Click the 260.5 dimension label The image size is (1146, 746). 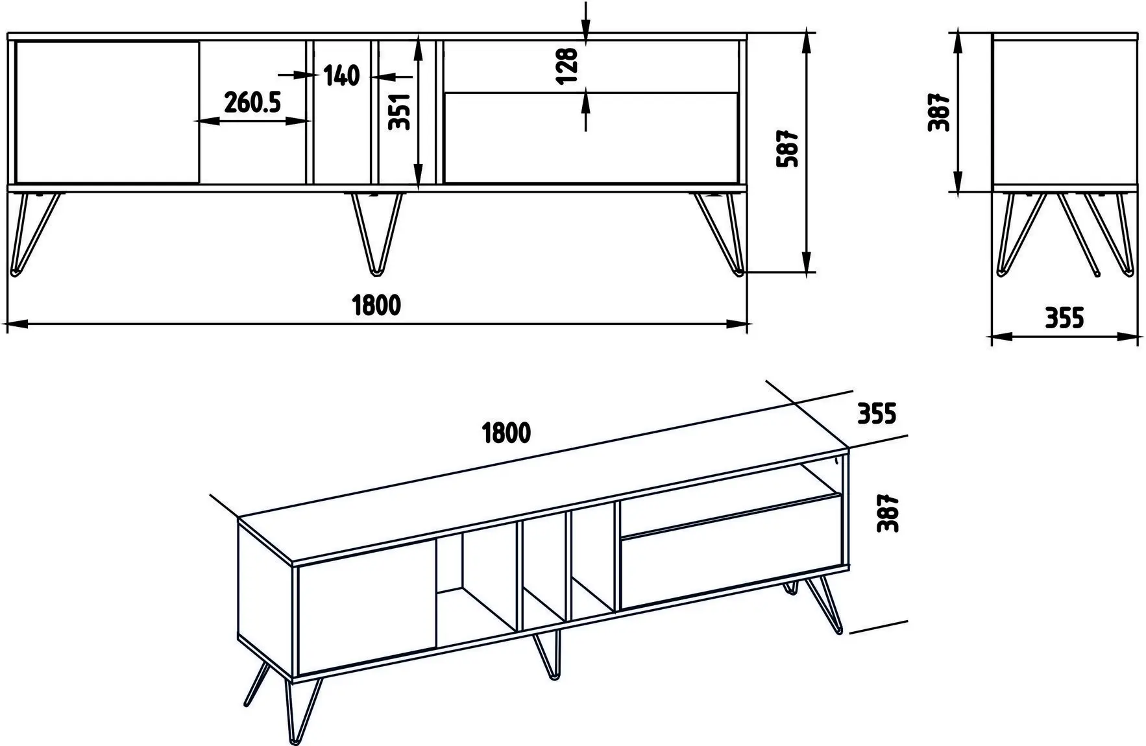(252, 102)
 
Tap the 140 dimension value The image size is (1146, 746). (341, 76)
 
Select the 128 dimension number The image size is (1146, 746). (566, 65)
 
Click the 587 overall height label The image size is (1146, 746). (786, 149)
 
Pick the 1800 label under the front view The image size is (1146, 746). (376, 304)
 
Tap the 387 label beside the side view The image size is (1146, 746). (939, 112)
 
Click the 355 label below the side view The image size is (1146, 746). (1064, 318)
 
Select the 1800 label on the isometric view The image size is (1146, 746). (506, 433)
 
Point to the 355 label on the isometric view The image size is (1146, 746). (877, 413)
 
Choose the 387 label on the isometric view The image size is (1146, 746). (887, 514)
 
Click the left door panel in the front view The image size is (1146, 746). (107, 112)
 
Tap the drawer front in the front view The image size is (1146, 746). (591, 138)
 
